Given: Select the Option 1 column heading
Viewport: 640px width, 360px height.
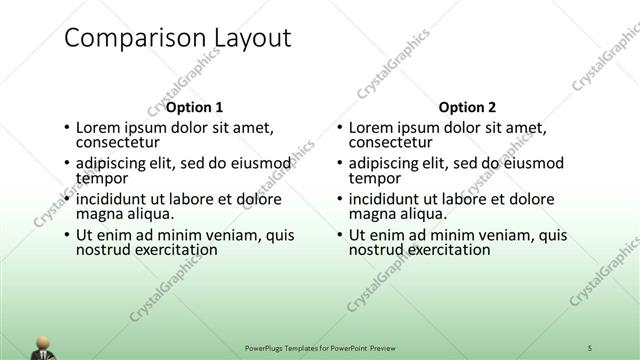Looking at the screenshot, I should click(194, 107).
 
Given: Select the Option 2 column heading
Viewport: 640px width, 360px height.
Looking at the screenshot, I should click(466, 107).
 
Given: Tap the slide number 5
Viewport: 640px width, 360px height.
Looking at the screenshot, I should click(591, 347).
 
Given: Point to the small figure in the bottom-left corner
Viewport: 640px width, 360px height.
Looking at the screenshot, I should click(44, 345).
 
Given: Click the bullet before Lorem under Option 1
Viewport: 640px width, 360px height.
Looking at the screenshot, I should click(67, 128).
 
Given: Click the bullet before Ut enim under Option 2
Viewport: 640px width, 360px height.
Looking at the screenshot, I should click(339, 236).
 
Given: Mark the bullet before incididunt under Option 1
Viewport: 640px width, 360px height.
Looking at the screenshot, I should click(67, 200).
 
